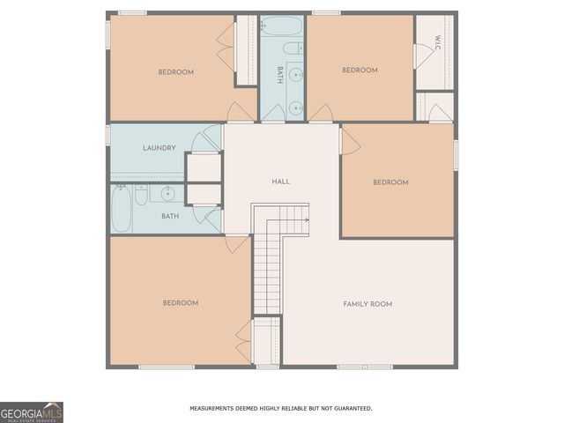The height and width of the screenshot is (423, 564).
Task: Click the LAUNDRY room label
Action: (x=160, y=148)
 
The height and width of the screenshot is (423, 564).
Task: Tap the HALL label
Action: (x=281, y=182)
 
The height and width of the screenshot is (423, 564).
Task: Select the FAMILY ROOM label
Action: (x=367, y=304)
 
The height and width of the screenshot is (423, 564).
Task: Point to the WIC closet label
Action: (x=435, y=43)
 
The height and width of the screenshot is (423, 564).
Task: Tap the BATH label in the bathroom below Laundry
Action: (x=170, y=216)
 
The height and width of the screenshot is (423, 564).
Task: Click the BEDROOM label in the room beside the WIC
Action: (x=360, y=70)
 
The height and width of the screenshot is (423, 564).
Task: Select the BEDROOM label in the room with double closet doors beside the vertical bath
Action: (x=175, y=72)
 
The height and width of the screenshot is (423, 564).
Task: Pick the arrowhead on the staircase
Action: (x=306, y=218)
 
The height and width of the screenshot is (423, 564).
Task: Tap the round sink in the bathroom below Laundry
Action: (x=167, y=192)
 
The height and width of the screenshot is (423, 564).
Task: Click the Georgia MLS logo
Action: (x=32, y=412)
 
